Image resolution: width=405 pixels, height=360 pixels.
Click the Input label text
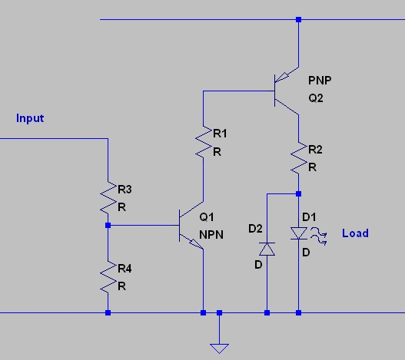[x=30, y=118]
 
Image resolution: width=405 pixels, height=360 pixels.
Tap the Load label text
[x=355, y=233]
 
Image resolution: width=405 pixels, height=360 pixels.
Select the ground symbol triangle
[x=219, y=348]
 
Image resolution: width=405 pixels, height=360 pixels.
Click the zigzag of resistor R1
[x=204, y=142]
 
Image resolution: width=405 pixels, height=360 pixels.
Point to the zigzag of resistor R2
[x=299, y=157]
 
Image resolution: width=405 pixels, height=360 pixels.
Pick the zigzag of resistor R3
[x=108, y=198]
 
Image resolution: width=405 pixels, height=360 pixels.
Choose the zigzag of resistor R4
[x=108, y=277]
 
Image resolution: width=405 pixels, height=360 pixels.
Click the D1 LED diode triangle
[x=299, y=233]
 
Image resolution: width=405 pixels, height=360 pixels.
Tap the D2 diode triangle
[x=267, y=249]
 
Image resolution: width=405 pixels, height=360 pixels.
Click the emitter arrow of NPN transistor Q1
[x=197, y=243]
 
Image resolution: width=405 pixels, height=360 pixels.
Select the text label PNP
[x=320, y=81]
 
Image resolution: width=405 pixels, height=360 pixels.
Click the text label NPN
[x=211, y=235]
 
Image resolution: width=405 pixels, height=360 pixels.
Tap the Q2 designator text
[x=316, y=98]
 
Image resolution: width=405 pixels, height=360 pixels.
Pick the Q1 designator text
[x=207, y=217]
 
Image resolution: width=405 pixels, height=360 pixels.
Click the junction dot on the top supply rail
[x=299, y=19]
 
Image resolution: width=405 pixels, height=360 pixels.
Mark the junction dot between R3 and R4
[x=108, y=226]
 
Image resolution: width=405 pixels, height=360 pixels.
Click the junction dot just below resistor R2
[x=299, y=193]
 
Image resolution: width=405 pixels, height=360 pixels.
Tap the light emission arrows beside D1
[x=319, y=236]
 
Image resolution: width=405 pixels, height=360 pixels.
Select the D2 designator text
[x=255, y=229]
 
